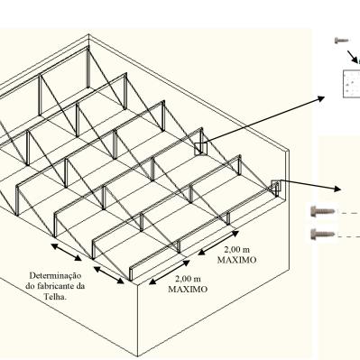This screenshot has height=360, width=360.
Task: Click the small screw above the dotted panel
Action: (x=342, y=40)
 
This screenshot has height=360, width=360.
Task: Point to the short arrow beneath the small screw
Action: (x=353, y=56)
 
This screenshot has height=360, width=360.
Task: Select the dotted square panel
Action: (x=351, y=84)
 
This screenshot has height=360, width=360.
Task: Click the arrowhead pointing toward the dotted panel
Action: (x=321, y=98)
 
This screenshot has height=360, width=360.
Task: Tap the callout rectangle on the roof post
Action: (x=201, y=149)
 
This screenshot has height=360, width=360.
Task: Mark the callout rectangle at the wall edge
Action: (x=275, y=186)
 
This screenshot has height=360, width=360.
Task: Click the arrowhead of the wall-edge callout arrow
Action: (x=337, y=189)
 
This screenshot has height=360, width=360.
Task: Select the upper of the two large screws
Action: (x=323, y=211)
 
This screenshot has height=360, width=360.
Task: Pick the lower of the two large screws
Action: (x=323, y=234)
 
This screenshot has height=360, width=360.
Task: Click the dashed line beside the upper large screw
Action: (x=349, y=212)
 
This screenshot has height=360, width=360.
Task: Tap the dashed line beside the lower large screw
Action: (x=349, y=236)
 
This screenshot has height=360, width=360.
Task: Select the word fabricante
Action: (x=55, y=286)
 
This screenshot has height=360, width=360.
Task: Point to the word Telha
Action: (x=55, y=297)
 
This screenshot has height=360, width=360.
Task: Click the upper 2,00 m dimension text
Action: (x=237, y=249)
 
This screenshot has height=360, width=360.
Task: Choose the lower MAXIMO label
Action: (x=188, y=290)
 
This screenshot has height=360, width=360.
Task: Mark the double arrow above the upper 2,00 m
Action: (x=218, y=243)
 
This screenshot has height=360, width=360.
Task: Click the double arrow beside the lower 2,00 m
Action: (x=170, y=272)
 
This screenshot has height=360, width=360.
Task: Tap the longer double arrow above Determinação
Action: (x=66, y=252)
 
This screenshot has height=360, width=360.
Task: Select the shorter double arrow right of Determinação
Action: (x=109, y=275)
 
